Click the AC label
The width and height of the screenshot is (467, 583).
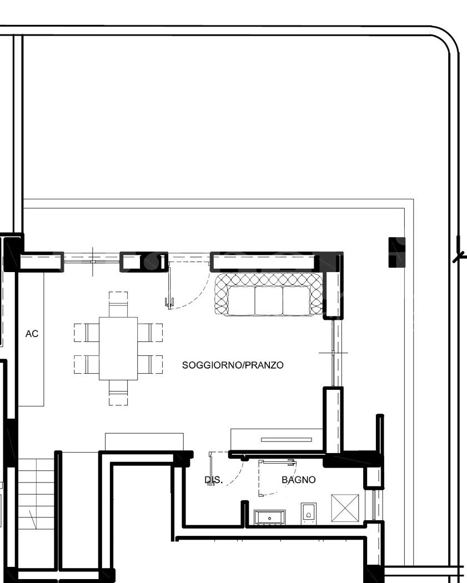[x=32, y=334]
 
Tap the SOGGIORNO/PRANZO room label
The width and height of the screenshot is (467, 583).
[x=233, y=365]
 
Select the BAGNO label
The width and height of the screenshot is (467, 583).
[x=299, y=480]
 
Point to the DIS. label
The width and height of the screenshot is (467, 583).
[x=214, y=480]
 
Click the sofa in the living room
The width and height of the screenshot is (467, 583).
[x=269, y=294]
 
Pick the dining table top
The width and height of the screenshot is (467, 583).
[x=118, y=348]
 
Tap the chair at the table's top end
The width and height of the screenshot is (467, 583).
[x=118, y=304]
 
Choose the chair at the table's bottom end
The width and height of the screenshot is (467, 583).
[x=118, y=393]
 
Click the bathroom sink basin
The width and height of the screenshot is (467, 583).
[x=269, y=517]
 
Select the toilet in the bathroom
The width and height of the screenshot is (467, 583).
[x=309, y=514]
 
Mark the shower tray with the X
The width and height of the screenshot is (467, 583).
[x=345, y=508]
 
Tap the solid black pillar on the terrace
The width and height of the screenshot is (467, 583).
[x=396, y=252]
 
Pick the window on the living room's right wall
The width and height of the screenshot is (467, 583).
[x=335, y=353]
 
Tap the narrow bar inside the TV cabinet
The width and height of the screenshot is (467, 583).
[x=287, y=440]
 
